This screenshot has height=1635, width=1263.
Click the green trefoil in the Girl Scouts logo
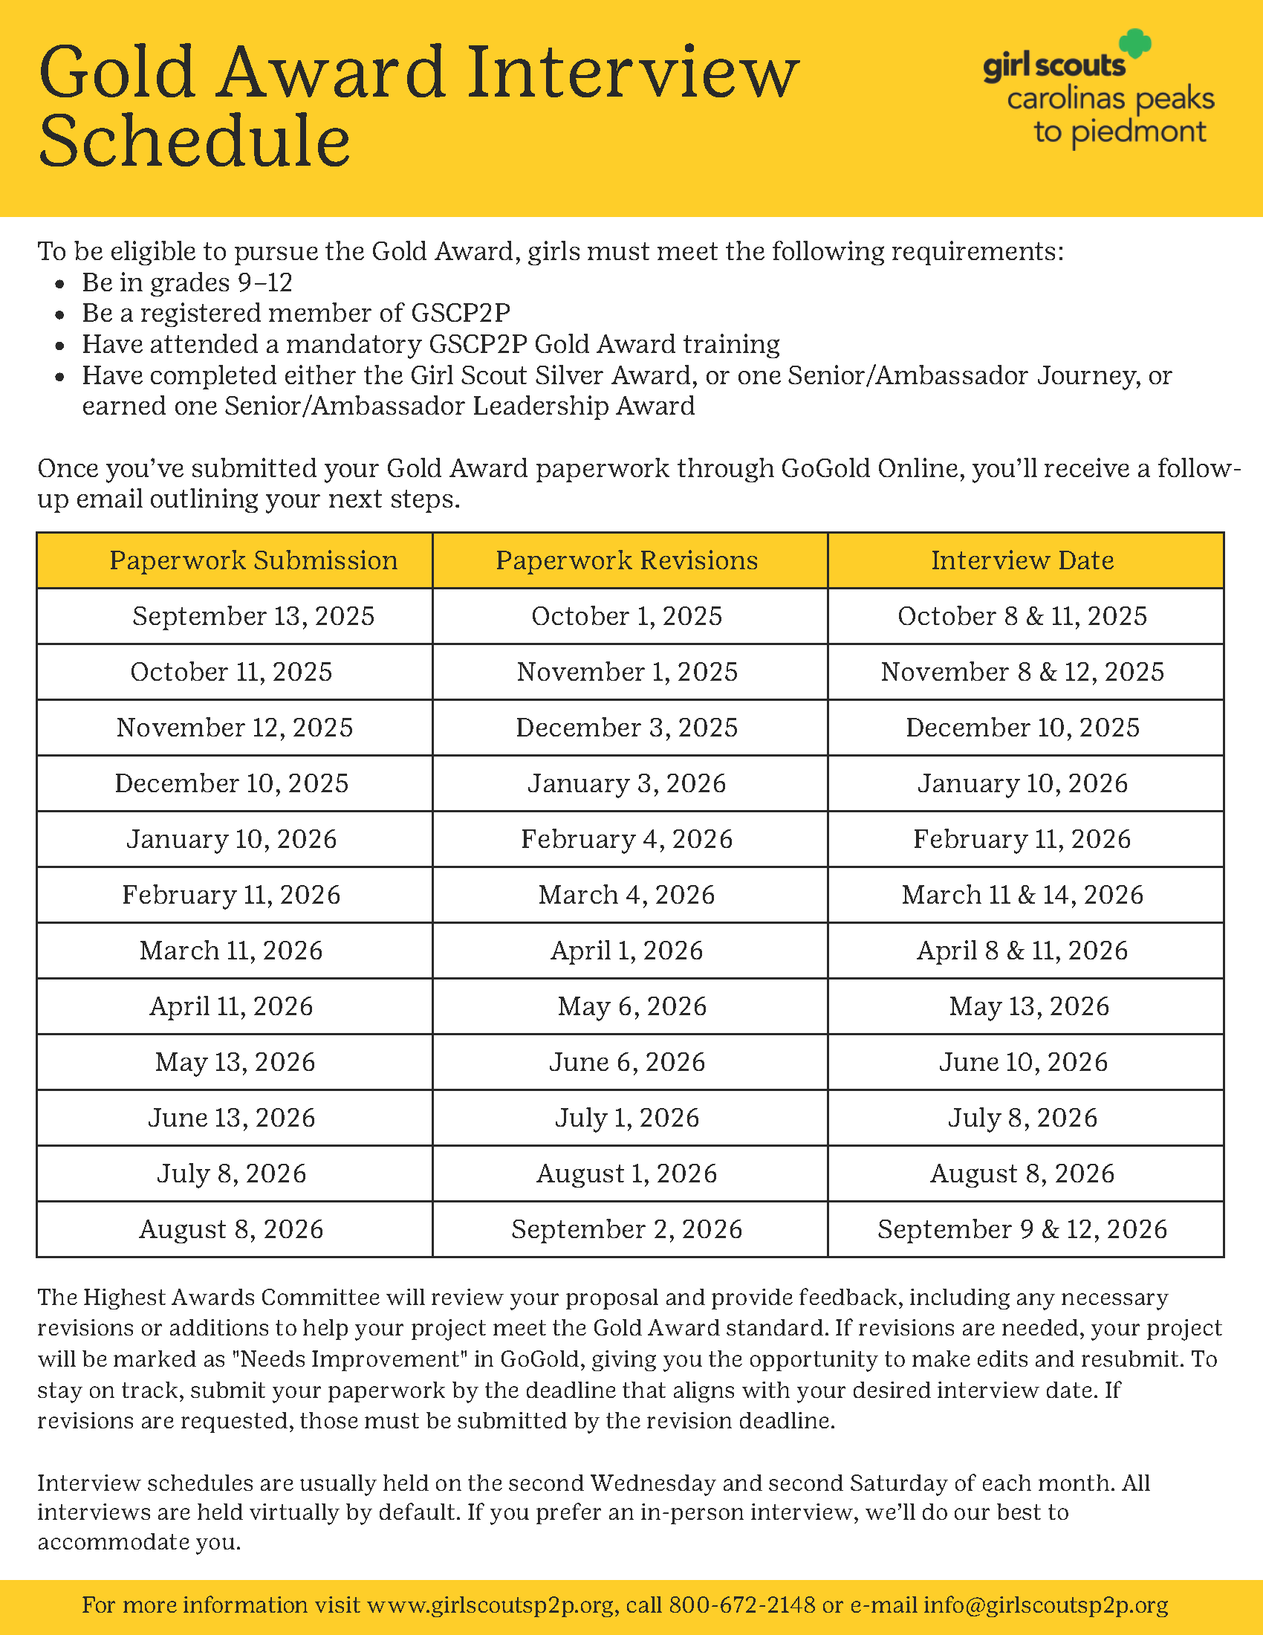(1135, 43)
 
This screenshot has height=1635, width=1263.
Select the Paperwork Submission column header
(253, 560)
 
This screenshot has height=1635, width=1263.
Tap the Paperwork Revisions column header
(627, 560)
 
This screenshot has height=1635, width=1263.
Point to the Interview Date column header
(1022, 560)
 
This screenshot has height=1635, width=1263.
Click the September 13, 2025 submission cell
(253, 616)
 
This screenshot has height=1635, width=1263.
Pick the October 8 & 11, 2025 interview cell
(1022, 616)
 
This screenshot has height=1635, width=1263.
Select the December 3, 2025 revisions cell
(627, 728)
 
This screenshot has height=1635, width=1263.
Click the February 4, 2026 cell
(627, 839)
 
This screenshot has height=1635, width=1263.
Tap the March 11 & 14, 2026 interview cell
(1022, 895)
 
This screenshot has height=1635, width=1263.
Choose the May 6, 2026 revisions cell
(632, 1006)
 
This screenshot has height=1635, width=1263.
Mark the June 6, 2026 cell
(627, 1062)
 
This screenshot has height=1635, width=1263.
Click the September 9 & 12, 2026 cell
(1022, 1229)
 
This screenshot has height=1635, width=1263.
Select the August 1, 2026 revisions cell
(627, 1173)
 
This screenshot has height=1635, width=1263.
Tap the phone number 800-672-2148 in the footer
(741, 1605)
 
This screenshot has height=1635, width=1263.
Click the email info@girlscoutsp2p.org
(1045, 1605)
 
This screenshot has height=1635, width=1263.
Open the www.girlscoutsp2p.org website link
(491, 1605)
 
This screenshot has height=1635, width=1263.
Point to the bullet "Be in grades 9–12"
(187, 282)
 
